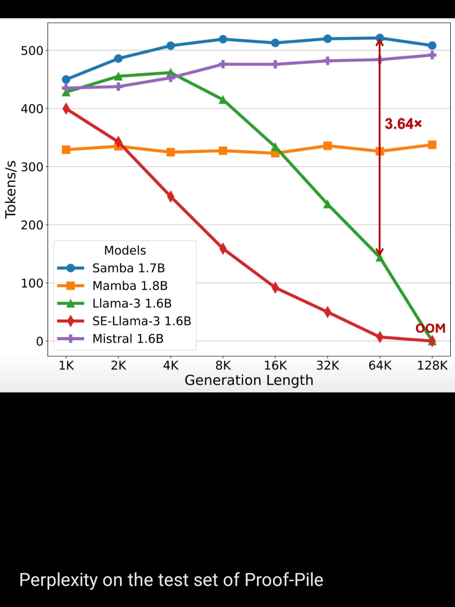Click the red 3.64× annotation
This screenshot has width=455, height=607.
coord(403,124)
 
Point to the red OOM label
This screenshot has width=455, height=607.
coord(430,328)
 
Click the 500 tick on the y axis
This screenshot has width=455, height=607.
coord(32,51)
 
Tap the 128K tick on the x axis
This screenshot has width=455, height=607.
coord(432,365)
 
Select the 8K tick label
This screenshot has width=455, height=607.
coord(223,365)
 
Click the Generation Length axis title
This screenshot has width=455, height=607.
coord(249,380)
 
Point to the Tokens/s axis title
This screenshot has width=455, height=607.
coord(11,189)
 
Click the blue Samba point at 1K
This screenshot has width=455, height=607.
coord(66,79)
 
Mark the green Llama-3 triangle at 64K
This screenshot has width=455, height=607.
coord(380,257)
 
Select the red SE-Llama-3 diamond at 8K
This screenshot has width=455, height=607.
coord(223,249)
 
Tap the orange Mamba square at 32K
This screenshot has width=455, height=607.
coord(327,146)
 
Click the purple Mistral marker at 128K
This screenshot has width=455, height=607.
coord(432,55)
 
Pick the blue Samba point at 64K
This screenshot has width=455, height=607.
coord(380,38)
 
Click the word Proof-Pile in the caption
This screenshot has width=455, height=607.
coord(284,580)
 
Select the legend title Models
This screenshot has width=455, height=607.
coord(125,250)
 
